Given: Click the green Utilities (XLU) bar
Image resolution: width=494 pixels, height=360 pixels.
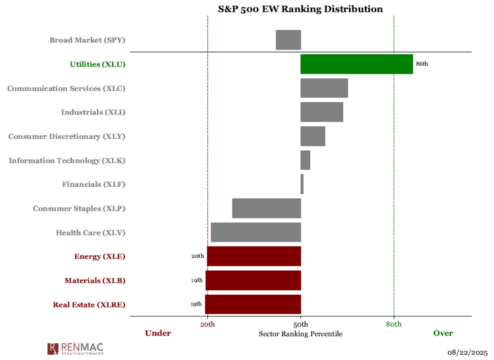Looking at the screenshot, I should point(356,64).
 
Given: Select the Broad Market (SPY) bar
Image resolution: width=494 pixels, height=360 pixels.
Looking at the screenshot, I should point(288,40).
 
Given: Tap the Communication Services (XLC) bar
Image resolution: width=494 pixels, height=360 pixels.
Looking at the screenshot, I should point(324,88).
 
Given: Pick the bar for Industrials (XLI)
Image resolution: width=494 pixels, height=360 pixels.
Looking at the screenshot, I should point(321,112).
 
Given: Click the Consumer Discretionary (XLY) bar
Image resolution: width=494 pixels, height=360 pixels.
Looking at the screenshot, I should point(313,136).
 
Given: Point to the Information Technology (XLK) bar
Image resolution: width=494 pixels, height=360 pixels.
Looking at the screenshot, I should point(305,160).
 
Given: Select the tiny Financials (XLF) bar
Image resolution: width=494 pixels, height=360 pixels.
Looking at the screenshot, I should point(302,184).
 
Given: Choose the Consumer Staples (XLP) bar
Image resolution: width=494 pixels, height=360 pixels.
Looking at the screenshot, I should point(266,208).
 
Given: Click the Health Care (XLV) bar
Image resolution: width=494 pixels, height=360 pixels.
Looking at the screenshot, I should point(256,232).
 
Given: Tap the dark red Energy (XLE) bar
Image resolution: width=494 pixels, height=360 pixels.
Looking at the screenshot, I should point(254,256).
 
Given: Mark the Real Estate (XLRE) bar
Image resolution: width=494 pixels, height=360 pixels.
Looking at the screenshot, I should point(253,304).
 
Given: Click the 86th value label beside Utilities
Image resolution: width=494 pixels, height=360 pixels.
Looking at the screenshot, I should point(422,64).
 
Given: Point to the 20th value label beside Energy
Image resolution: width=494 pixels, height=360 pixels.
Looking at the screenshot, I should point(198,256).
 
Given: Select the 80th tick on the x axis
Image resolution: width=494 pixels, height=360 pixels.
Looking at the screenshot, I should point(394,324).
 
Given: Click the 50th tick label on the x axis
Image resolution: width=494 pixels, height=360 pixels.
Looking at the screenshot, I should point(301,324).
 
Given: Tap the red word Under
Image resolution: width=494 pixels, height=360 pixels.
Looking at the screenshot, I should point(158,333).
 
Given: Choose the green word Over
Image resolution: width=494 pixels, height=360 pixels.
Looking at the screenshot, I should point(443,333).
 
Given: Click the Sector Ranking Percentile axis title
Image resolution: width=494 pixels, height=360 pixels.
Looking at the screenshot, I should point(300,334).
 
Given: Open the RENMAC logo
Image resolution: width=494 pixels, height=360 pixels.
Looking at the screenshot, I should point(75,348).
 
